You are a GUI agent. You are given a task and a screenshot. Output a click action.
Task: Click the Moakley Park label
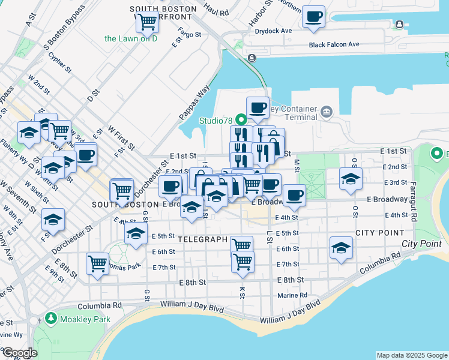click(x=85, y=319)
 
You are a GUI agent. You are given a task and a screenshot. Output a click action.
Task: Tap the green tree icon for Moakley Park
click(x=51, y=319)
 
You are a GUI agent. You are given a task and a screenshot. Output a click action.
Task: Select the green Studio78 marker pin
click(x=241, y=118)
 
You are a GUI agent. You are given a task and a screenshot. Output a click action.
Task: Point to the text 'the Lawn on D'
click(x=130, y=38)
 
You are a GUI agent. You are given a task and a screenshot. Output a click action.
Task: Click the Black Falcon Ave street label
click(x=334, y=44)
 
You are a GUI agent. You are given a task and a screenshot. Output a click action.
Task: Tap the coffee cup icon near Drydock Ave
click(x=313, y=17)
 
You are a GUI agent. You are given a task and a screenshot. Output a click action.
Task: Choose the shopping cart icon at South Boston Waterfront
click(x=146, y=22)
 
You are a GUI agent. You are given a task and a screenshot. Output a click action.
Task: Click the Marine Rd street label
click(x=292, y=295)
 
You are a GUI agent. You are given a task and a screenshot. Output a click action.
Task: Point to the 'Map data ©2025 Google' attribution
click(x=412, y=355)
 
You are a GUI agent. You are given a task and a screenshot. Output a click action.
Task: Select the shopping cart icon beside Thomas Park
click(x=97, y=263)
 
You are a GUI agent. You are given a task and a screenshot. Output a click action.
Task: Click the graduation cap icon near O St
click(x=351, y=178)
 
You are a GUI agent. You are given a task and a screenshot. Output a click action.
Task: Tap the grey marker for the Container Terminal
click(x=326, y=111)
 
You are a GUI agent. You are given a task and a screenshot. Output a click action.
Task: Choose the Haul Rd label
click(x=216, y=11)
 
